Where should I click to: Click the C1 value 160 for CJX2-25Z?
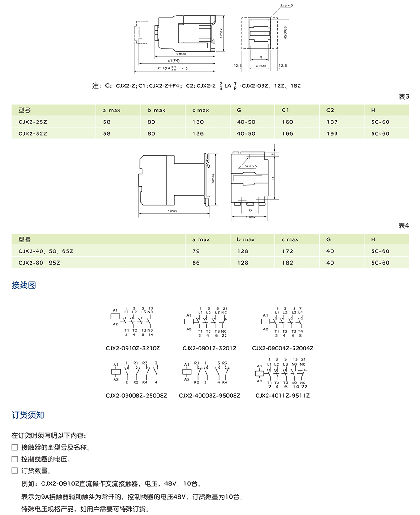(x=288, y=122)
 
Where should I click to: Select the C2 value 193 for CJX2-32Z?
(x=332, y=133)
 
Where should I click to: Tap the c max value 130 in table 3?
(x=198, y=122)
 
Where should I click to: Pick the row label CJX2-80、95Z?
(x=39, y=263)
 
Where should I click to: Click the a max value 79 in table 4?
(x=196, y=251)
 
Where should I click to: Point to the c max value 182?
(x=288, y=263)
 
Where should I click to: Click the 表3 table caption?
(x=404, y=97)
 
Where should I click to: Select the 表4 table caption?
(x=404, y=226)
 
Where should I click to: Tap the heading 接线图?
(x=24, y=286)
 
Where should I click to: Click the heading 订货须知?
(x=28, y=415)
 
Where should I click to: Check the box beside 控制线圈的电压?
(x=15, y=459)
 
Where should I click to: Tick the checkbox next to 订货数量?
(x=15, y=471)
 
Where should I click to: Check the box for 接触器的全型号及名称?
(x=15, y=447)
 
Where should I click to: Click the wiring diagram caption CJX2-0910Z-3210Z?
(x=133, y=348)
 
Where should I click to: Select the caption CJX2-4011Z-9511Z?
(x=283, y=395)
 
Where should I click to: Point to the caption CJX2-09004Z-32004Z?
(x=283, y=348)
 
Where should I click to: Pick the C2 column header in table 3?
(x=330, y=110)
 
